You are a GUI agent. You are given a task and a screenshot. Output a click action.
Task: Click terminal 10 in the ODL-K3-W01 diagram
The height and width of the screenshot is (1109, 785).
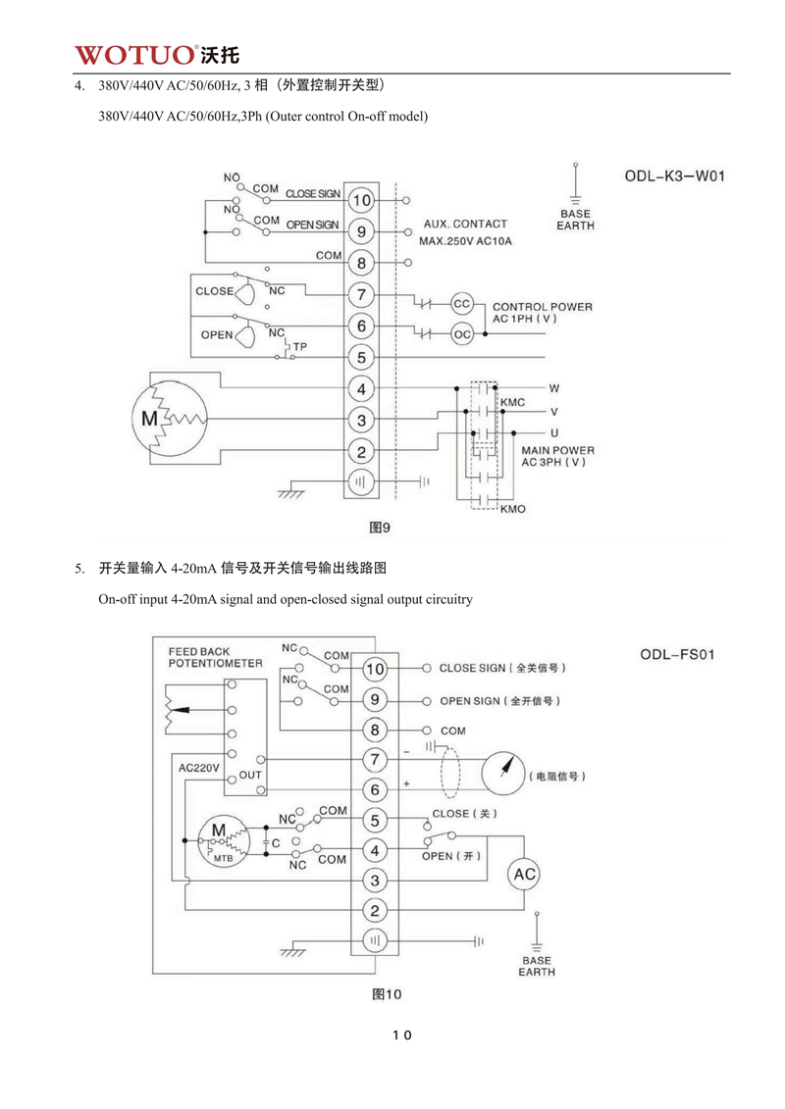tap(361, 201)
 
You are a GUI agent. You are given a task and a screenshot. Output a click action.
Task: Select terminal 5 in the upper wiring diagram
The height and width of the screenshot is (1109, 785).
tap(361, 358)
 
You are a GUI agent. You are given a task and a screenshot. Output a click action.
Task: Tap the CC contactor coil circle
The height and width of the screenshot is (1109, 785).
tap(462, 303)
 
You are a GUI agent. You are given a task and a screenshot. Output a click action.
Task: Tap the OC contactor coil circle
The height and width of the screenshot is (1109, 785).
tap(462, 334)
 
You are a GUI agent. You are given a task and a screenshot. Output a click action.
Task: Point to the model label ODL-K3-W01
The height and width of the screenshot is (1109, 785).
tap(674, 177)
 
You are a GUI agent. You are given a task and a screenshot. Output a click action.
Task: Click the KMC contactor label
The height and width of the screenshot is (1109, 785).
tap(513, 403)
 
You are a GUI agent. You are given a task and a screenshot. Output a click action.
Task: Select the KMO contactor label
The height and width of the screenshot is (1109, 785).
tap(513, 509)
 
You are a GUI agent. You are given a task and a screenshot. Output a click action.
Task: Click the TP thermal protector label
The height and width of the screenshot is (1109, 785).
tap(300, 346)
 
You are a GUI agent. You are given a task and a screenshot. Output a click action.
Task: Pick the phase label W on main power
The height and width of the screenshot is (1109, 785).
tap(553, 388)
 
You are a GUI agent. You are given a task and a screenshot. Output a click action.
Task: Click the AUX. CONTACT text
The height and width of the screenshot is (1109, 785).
tap(465, 224)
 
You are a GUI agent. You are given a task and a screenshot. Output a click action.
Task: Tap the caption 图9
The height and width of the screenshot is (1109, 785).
tap(380, 528)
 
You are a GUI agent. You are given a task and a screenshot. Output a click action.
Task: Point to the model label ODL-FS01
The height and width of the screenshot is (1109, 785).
tap(676, 653)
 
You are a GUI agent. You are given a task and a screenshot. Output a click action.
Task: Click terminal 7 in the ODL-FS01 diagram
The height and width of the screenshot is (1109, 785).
tap(375, 760)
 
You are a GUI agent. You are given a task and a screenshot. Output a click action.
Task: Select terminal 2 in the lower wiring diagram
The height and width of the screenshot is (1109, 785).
tap(375, 910)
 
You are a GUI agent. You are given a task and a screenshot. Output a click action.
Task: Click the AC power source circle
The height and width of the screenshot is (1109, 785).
tap(523, 875)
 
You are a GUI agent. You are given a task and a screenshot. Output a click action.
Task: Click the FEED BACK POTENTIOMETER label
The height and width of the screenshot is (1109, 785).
tap(215, 657)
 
